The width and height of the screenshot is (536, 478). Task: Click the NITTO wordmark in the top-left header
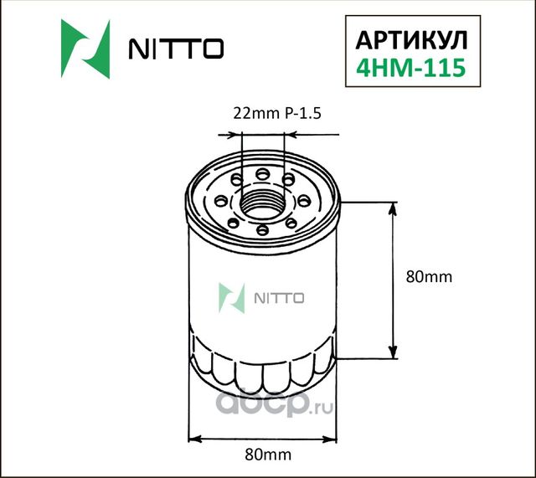pyautogui.click(x=175, y=49)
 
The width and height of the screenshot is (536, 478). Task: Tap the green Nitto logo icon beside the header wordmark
pyautogui.click(x=85, y=49)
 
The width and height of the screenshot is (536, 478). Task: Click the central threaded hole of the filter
pyautogui.click(x=262, y=202)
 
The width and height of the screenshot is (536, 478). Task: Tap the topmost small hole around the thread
pyautogui.click(x=263, y=173)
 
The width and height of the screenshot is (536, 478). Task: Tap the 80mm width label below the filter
pyautogui.click(x=261, y=455)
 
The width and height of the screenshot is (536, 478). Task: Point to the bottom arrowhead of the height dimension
pyautogui.click(x=392, y=352)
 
